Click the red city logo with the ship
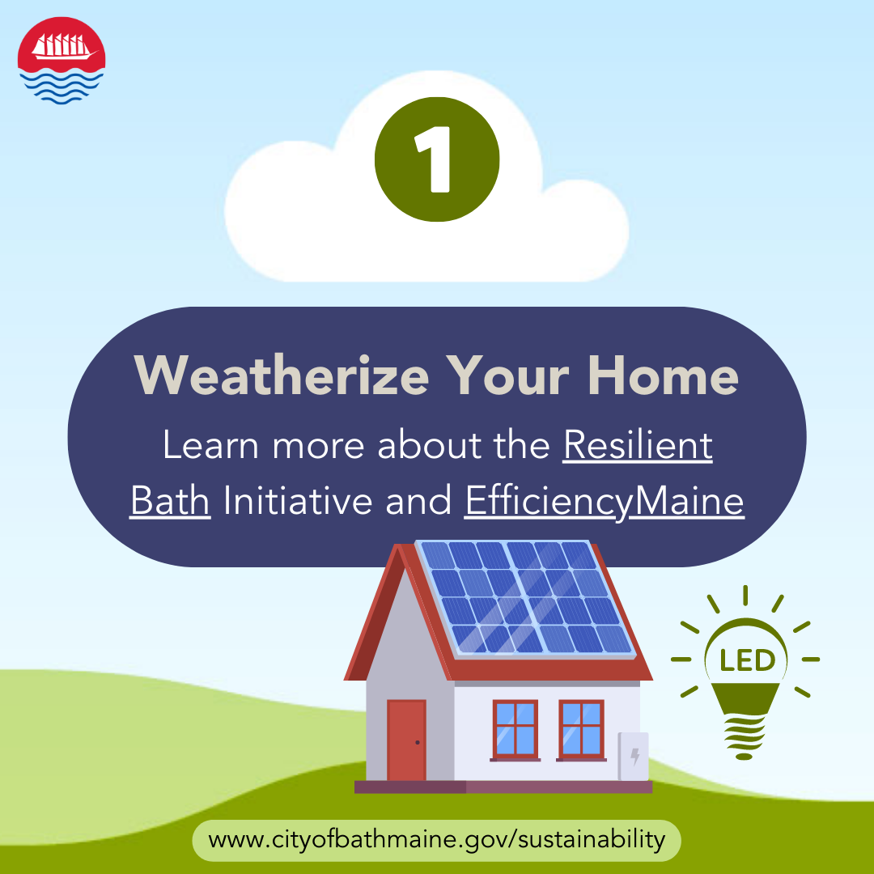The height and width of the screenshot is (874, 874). coord(62,60)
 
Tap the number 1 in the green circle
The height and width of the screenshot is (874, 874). coord(433,159)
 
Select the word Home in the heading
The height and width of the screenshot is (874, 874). coord(663,375)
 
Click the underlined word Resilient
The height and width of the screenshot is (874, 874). coord(638,445)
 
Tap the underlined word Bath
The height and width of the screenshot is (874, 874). coord(170,500)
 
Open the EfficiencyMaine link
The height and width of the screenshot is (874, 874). coord(605,502)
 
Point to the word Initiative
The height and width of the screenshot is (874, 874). coord(298,500)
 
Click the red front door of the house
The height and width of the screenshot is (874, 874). coord(406,740)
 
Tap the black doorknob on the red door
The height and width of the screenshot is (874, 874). coord(418,742)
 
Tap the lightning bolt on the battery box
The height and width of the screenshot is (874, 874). coord(634,757)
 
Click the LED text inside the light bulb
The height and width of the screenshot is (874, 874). coord(748,660)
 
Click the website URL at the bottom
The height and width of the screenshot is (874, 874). coord(436,839)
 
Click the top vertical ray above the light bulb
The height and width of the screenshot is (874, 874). coord(745,596)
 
